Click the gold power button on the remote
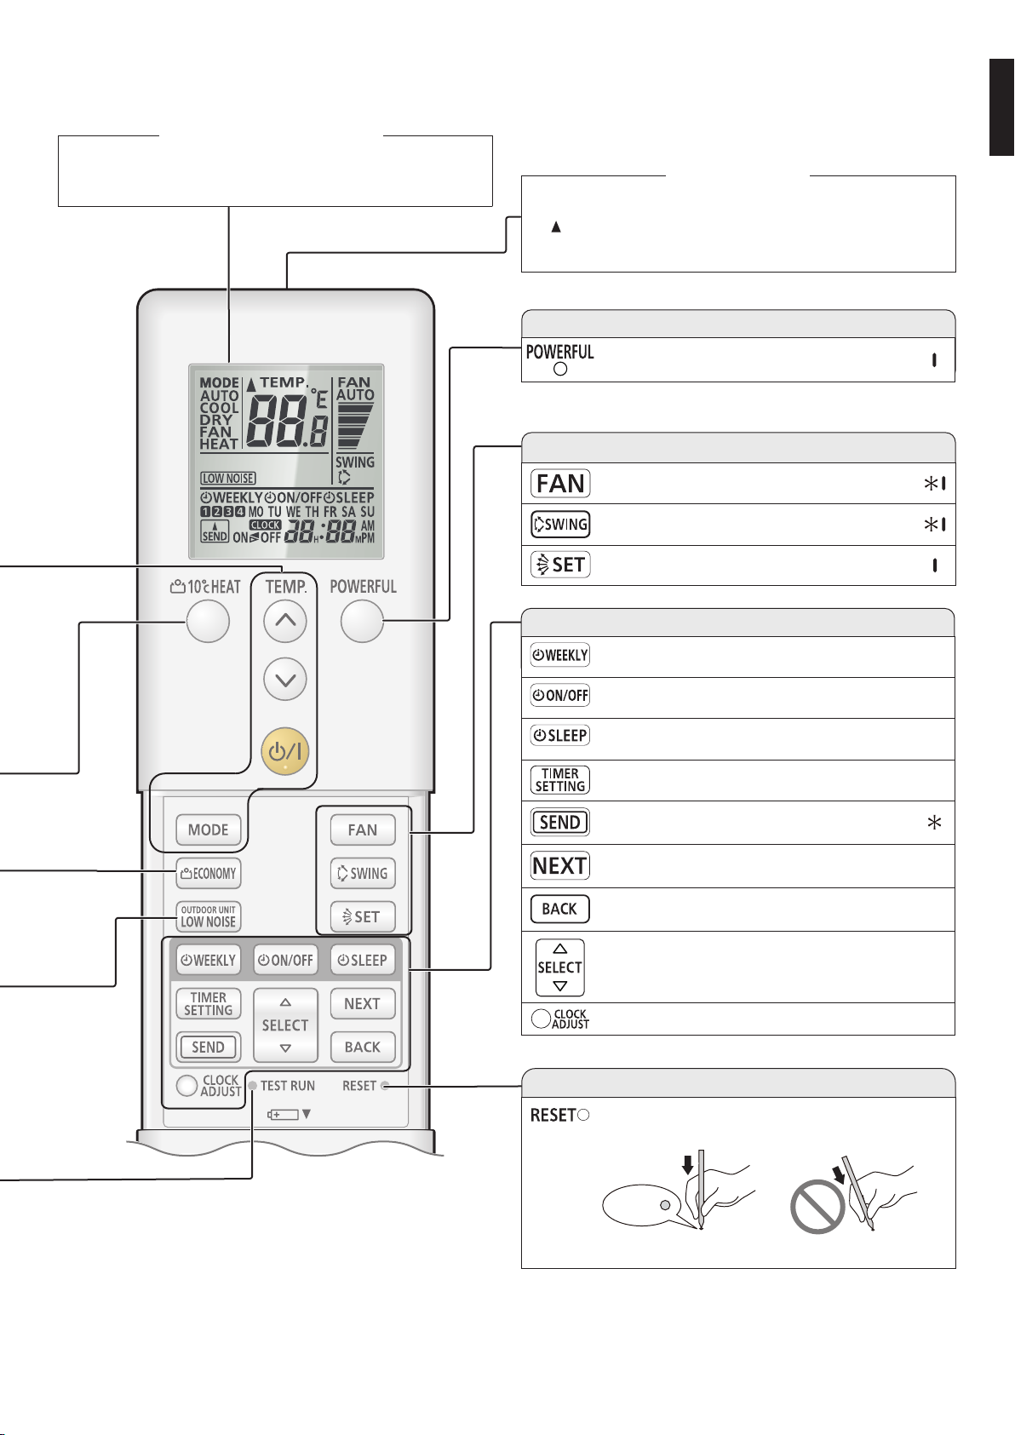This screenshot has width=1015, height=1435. coord(285,751)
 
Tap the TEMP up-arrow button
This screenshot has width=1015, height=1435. coord(285,621)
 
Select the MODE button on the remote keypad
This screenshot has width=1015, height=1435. coord(208,829)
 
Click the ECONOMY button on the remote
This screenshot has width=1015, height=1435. coord(208,873)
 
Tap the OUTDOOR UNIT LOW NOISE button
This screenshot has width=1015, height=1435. coord(208,916)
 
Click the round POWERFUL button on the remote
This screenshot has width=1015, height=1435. coord(362,621)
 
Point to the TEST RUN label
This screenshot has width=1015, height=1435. coord(288,1086)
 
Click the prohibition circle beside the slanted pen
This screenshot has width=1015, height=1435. coord(817,1207)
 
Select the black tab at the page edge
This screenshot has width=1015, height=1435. coord(1001,107)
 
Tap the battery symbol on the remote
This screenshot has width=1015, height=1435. coord(283,1115)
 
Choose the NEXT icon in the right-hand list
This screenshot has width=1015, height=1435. coord(559,866)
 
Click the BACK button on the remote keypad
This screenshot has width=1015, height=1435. coord(363,1047)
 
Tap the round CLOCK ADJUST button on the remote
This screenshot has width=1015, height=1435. coord(186,1085)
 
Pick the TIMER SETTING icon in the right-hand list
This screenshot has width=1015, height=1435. coord(559,779)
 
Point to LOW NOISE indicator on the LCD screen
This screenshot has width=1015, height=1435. coord(228,478)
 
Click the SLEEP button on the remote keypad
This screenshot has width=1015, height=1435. coord(363,961)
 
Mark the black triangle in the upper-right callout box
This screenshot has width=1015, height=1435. coord(556,227)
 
